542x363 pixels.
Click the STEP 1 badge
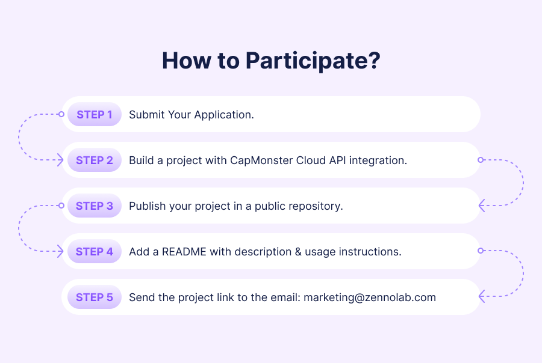[x=95, y=114]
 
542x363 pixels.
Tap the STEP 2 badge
[x=95, y=160]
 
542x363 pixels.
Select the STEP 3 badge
[x=95, y=206]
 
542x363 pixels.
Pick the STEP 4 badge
[x=95, y=252]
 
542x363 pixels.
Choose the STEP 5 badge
[x=95, y=297]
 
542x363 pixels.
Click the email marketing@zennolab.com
[x=370, y=297]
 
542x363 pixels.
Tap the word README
[x=184, y=252]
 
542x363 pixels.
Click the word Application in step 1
[x=224, y=115]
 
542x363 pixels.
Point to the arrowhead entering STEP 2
[x=60, y=160]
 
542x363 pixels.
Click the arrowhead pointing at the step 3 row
[x=482, y=206]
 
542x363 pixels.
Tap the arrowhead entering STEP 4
[x=60, y=251]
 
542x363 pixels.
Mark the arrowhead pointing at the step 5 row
[x=482, y=296]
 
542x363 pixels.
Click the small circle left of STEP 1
[x=61, y=114]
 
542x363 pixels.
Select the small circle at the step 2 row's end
[x=481, y=160]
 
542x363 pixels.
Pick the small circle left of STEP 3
[x=61, y=206]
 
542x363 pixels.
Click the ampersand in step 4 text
[x=298, y=252]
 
